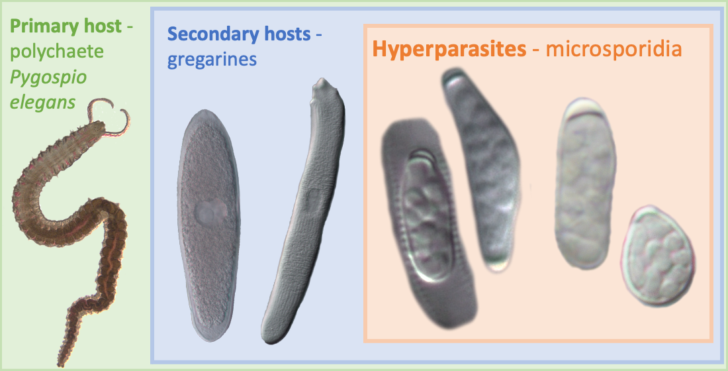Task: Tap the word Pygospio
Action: [48, 79]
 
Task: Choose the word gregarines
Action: [212, 60]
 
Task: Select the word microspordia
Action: [614, 49]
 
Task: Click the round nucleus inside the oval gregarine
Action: [210, 212]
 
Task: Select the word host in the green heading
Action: [103, 27]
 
